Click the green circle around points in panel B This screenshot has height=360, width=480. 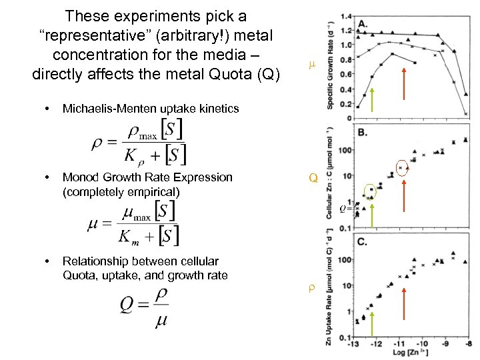(x=370, y=192)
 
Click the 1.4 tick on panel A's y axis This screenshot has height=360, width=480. (x=344, y=15)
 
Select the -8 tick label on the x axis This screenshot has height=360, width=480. (x=469, y=344)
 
